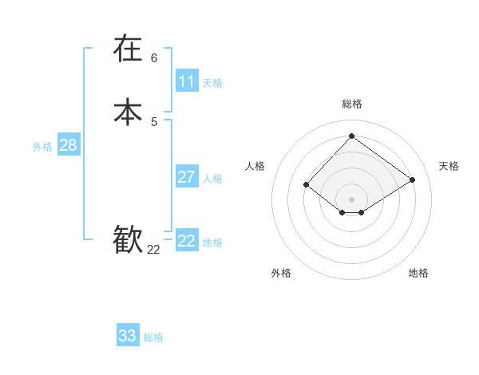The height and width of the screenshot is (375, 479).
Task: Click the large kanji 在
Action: point(128,49)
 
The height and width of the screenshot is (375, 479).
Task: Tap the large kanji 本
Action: point(128,112)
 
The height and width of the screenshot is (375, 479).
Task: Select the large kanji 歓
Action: point(128,239)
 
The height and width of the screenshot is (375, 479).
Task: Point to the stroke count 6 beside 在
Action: point(154,57)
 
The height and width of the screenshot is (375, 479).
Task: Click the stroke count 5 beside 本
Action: point(154,121)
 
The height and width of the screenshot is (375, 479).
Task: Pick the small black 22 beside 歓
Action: point(153,250)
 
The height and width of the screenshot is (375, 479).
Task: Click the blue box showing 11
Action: point(187,81)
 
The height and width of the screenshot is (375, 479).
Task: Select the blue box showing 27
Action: point(187,177)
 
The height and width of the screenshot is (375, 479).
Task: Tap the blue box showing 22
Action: point(187,241)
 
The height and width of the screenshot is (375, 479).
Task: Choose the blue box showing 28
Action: point(68,145)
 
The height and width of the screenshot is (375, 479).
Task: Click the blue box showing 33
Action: point(128,336)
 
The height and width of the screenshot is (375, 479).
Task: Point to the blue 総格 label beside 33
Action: point(153,337)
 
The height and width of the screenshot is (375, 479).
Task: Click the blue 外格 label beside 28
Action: point(42,147)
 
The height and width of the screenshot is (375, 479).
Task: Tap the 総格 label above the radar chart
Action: point(352,104)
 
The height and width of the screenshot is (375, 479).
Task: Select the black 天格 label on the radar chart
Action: point(449,166)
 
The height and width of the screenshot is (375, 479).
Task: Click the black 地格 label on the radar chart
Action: point(418,273)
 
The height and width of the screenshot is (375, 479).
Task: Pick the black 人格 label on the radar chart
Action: point(255,166)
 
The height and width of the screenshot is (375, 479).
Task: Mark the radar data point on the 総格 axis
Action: point(351,136)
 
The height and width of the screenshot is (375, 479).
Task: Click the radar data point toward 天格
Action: point(412,180)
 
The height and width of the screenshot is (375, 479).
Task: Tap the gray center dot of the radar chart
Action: point(351,199)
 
